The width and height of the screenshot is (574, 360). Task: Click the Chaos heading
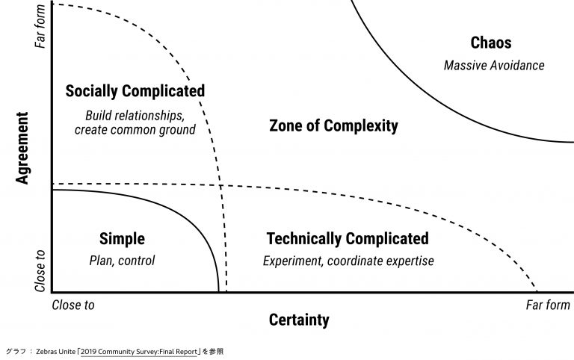coord(491,43)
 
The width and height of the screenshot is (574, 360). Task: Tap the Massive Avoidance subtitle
coord(494,65)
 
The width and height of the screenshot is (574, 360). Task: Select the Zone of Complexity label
coord(333,125)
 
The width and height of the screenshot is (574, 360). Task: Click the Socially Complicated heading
coord(135,91)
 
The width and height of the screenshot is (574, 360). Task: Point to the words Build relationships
coord(135,115)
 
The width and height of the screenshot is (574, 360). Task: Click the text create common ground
coord(135,129)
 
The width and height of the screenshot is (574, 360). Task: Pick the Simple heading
coord(122,239)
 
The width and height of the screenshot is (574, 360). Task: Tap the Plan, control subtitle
coord(122,261)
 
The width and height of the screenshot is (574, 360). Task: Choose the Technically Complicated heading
coord(348,239)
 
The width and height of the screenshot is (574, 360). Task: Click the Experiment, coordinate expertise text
coord(348,261)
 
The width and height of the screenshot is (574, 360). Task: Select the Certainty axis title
coord(298,320)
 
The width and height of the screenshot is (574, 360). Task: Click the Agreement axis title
coord(22,149)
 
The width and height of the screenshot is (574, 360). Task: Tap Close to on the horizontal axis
coord(73,305)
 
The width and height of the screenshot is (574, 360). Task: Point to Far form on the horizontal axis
coord(548,305)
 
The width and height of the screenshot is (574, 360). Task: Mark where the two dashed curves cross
coord(220,184)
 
